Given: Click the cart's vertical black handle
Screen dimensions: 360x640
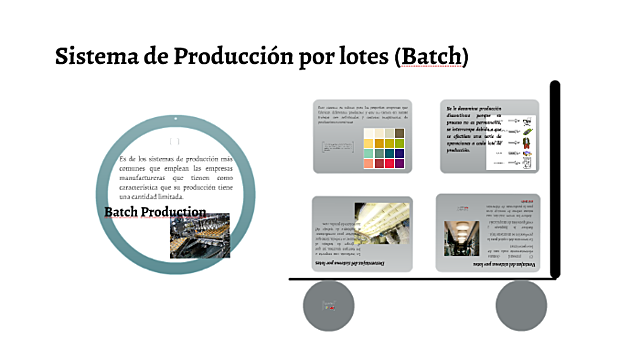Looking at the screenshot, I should [555, 180].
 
